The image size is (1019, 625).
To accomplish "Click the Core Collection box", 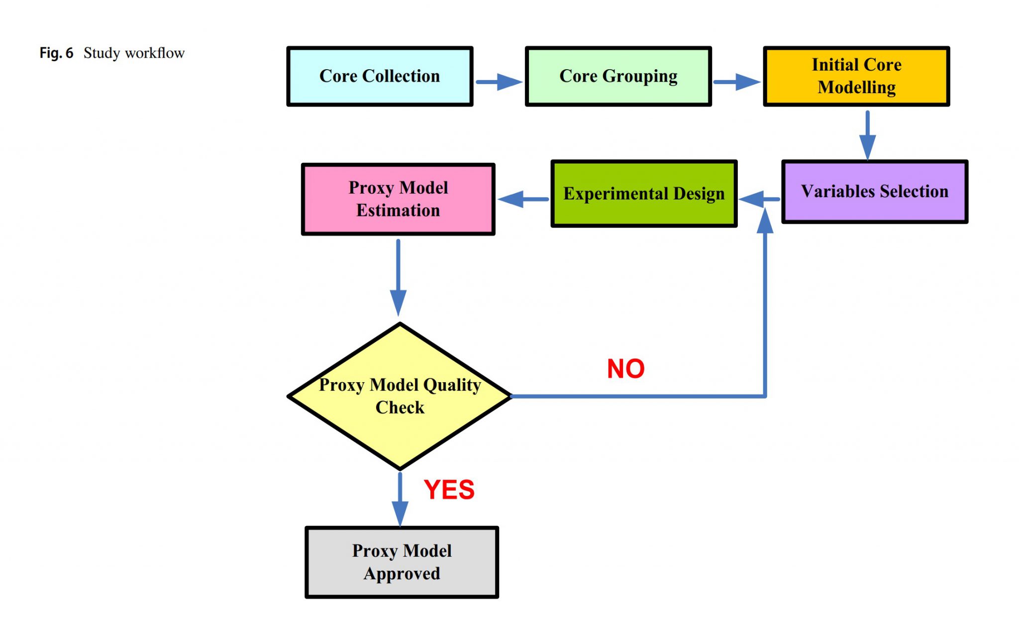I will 380,76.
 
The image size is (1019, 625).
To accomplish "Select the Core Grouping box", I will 618,76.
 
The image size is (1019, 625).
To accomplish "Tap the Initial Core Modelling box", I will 856,76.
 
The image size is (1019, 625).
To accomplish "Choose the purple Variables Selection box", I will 875,192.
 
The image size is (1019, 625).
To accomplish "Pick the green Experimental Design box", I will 644,194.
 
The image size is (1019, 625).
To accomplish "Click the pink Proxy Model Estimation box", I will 398,199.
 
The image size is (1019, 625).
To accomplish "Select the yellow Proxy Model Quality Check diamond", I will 400,397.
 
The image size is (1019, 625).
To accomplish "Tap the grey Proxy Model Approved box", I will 402,562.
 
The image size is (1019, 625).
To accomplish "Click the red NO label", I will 626,369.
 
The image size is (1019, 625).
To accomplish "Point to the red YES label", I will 449,490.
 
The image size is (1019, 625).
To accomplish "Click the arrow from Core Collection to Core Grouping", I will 499,82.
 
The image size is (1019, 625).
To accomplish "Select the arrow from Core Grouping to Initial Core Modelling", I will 737,82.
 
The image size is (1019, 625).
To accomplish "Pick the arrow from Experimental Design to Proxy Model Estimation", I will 522,199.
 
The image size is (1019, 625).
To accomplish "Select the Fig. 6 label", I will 56,53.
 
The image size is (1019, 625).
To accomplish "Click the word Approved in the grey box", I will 402,574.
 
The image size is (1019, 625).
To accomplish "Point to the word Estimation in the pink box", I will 398,210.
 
